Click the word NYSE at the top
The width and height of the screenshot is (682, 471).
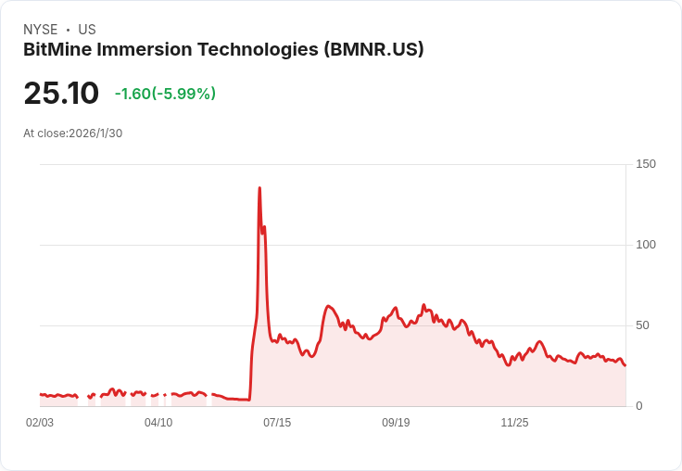(x=41, y=30)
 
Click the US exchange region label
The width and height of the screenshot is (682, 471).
(x=87, y=30)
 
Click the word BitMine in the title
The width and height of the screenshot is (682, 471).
(x=58, y=50)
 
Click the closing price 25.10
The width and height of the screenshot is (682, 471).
(x=61, y=94)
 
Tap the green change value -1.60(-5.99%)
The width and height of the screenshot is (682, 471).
(x=165, y=94)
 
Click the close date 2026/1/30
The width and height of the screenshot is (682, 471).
(x=95, y=134)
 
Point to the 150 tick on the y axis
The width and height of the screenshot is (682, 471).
(x=645, y=164)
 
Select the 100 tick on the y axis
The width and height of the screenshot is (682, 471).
(x=645, y=245)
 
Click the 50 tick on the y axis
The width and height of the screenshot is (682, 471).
(x=641, y=325)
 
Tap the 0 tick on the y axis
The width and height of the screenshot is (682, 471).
(x=638, y=406)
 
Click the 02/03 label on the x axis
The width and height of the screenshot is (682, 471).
(x=40, y=423)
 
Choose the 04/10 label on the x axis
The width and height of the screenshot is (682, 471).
(x=158, y=423)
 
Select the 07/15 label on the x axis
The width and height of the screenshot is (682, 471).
(x=277, y=423)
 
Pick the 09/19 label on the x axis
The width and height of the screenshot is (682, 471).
(x=396, y=423)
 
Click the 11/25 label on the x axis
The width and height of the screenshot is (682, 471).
(x=514, y=423)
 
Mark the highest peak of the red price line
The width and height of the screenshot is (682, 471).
(x=259, y=188)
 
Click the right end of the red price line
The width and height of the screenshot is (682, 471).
(x=625, y=365)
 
